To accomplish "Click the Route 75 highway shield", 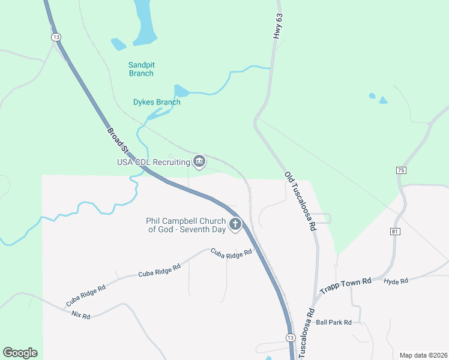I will click(x=401, y=171).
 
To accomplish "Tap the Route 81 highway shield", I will click(x=395, y=232).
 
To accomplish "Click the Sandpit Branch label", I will click(x=141, y=69).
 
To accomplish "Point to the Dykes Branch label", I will click(x=156, y=102).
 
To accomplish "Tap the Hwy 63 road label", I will click(x=277, y=27).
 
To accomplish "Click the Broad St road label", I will click(x=118, y=140).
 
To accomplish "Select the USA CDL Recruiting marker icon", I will click(x=199, y=161).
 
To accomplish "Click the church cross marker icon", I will click(x=235, y=224).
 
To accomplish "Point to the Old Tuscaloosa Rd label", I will click(x=300, y=202).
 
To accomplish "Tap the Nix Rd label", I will click(x=80, y=315).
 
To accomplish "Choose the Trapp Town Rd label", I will click(x=345, y=285).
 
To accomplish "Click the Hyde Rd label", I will click(x=396, y=281).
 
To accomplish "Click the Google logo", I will click(x=20, y=353).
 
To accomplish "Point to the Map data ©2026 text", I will click(x=423, y=355).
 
